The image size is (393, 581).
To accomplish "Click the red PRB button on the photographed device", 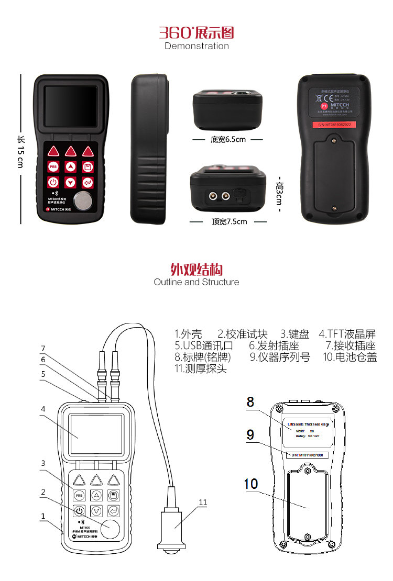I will coord(53,167).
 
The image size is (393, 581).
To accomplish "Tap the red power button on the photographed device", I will coord(53,182).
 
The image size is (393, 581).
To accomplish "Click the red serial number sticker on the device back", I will coord(335,125).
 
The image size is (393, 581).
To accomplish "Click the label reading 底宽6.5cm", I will coord(228,140).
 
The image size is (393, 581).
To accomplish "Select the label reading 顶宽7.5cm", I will coord(229,221).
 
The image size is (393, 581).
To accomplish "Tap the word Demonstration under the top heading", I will coord(196,46).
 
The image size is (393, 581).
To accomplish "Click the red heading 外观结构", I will coord(196,270).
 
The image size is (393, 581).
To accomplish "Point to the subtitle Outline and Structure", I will coord(196,282).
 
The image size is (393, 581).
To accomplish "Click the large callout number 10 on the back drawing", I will coord(251,484).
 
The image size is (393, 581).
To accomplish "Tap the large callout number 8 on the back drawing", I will coord(250,402).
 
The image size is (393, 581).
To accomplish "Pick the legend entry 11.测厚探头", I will coord(200,368).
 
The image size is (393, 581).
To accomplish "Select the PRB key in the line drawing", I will coord(79,496).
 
